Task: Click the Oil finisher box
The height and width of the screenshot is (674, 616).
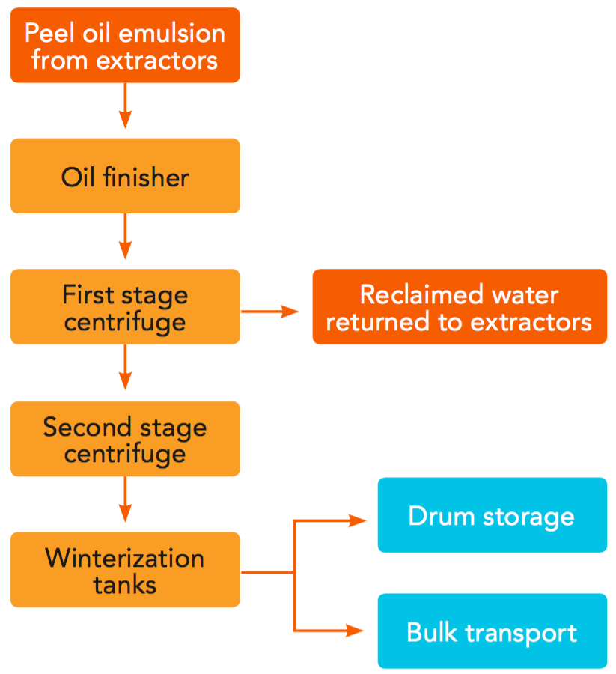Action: click(125, 177)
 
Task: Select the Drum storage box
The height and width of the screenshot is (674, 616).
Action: click(492, 515)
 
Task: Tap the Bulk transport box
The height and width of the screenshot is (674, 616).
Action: click(492, 631)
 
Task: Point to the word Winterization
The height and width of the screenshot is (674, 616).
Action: click(125, 558)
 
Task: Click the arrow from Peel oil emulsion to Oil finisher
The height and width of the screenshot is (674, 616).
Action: click(125, 106)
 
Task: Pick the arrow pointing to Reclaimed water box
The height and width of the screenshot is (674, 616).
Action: click(269, 311)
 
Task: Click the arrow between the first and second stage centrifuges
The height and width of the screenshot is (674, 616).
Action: click(125, 368)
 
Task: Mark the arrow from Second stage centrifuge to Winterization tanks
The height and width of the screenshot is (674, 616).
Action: click(125, 500)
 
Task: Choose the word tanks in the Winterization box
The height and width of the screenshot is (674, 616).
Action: click(125, 585)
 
